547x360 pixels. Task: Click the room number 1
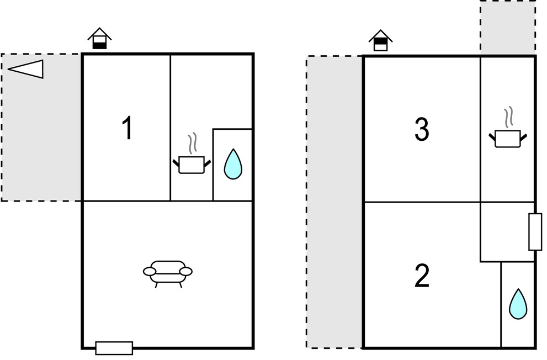128,128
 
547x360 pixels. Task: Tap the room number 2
422,276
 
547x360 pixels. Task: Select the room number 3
422,129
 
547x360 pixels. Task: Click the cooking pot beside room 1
192,165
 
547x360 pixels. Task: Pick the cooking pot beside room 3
508,139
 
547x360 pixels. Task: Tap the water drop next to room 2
518,304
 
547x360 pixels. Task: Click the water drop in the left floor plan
233,164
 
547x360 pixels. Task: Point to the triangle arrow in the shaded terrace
26,68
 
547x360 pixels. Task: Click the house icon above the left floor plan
99,38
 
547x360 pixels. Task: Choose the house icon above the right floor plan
381,40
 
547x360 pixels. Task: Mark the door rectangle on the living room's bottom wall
114,348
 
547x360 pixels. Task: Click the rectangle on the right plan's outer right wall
535,232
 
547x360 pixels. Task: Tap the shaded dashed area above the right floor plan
508,28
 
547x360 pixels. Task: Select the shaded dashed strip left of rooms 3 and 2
334,202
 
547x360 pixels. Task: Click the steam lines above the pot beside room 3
508,117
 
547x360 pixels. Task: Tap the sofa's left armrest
150,272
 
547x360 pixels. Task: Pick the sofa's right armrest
186,272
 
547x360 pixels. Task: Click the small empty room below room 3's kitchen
507,232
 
